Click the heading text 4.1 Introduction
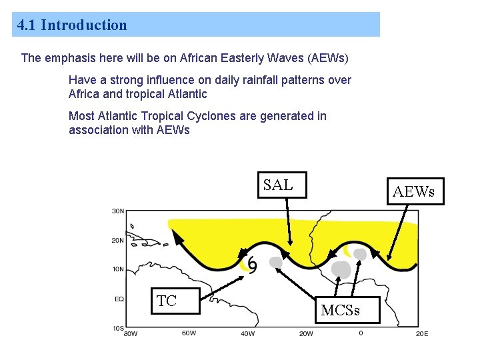tap(72, 25)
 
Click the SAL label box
tap(277, 185)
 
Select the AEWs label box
tap(413, 192)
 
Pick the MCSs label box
tap(340, 311)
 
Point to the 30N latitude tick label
tap(118, 211)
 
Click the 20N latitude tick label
tap(118, 241)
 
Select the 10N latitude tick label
tap(118, 270)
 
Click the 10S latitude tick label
tap(118, 327)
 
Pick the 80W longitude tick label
tap(131, 333)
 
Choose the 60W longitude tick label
tap(189, 333)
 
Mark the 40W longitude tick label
tap(247, 333)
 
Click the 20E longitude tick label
tap(421, 333)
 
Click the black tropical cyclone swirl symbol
tap(252, 265)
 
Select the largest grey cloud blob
tap(341, 269)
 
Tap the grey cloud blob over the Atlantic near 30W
tap(275, 263)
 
